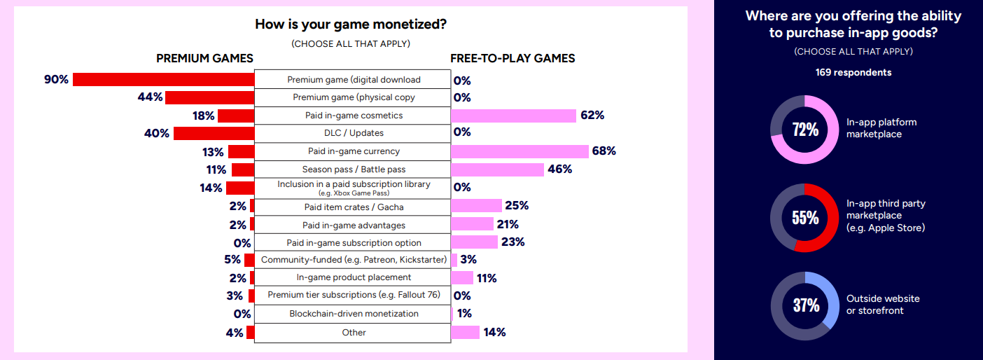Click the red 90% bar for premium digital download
tap(163, 79)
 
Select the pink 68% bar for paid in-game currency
tap(520, 151)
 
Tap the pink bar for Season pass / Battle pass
tap(497, 169)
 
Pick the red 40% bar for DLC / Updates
tap(214, 133)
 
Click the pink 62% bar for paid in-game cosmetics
tap(513, 116)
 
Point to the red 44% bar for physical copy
tap(209, 97)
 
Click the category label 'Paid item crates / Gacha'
tap(354, 207)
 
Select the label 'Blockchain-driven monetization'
tap(354, 314)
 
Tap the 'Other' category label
tap(354, 332)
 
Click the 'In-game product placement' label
tap(354, 277)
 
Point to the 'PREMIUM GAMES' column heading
tap(204, 58)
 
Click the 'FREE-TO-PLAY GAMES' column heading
tap(513, 58)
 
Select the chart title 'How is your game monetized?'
tap(351, 25)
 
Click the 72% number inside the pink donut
tap(804, 129)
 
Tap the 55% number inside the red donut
tap(804, 217)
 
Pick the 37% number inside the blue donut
tap(804, 305)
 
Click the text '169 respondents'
tap(853, 72)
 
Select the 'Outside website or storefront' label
tap(883, 304)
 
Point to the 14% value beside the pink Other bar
tap(494, 332)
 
